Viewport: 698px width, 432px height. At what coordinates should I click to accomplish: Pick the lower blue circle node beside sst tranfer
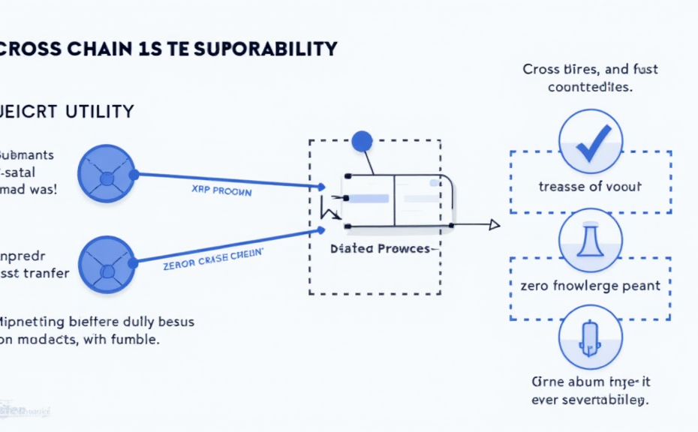tap(107, 264)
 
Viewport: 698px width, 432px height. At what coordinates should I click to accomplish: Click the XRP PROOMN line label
tap(222, 191)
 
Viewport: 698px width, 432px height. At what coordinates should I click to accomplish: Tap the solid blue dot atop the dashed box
tap(362, 140)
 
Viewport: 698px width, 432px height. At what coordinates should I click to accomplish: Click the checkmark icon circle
tap(590, 142)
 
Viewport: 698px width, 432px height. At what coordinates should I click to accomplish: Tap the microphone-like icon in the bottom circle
tap(590, 337)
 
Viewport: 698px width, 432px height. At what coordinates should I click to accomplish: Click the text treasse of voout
tap(590, 187)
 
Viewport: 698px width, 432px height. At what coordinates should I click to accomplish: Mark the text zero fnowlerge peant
tap(590, 285)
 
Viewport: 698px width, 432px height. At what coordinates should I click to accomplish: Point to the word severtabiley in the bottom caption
tap(600, 400)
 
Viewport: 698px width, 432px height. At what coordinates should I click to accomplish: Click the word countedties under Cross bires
tap(589, 87)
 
